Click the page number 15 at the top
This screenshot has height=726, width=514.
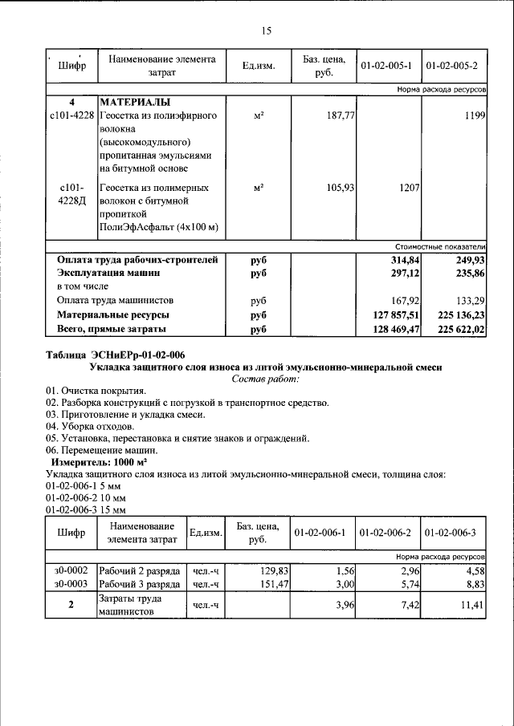267,31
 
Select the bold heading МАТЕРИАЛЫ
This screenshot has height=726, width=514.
134,103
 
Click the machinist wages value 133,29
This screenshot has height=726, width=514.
469,301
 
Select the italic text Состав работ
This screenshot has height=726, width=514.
265,379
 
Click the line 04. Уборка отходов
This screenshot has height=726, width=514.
89,426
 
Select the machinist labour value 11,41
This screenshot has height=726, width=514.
471,605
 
